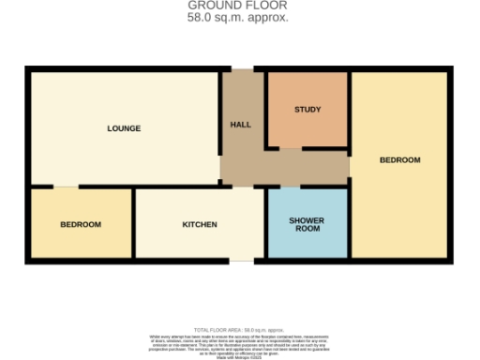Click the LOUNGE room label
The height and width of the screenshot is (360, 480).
click(124, 128)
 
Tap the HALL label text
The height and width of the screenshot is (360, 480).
click(240, 125)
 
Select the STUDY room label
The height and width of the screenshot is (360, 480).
click(307, 110)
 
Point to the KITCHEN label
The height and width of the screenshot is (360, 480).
click(200, 225)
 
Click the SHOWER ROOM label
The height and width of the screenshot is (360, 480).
click(307, 225)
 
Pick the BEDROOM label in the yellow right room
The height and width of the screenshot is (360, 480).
click(400, 160)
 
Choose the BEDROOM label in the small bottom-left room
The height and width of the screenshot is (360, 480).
click(81, 225)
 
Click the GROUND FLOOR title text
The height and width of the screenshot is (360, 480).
click(239, 6)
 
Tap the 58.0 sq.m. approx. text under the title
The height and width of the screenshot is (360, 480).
click(239, 18)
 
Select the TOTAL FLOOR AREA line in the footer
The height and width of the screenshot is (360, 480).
click(239, 330)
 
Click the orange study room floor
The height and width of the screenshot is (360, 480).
click(307, 127)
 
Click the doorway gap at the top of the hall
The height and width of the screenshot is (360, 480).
click(242, 68)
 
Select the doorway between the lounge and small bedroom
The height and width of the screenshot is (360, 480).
click(66, 187)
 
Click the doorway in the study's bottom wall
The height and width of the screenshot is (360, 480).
click(291, 148)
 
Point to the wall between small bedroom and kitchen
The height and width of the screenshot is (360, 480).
click(133, 225)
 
